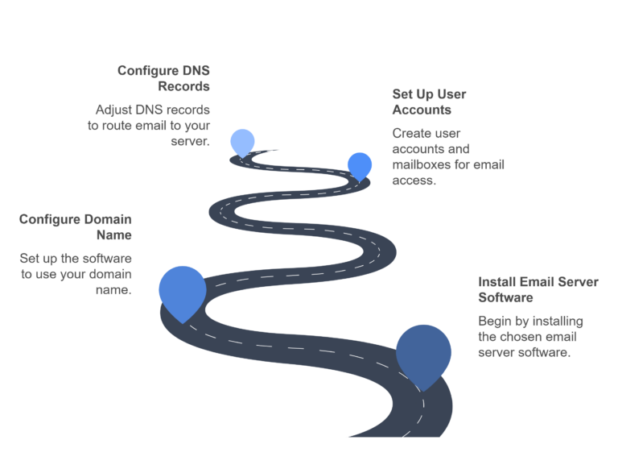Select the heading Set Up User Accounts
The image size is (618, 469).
[429, 102]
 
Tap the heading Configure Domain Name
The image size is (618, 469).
[76, 226]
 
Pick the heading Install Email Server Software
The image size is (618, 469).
[538, 289]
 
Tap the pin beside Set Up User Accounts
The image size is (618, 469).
[360, 164]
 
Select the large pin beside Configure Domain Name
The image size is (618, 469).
[183, 290]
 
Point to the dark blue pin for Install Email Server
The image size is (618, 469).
[423, 352]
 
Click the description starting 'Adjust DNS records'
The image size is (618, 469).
[149, 125]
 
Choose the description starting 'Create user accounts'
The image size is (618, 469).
[447, 157]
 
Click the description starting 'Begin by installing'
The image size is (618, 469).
[530, 337]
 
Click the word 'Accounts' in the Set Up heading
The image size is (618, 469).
[421, 110]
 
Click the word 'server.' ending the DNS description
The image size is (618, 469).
[191, 141]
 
